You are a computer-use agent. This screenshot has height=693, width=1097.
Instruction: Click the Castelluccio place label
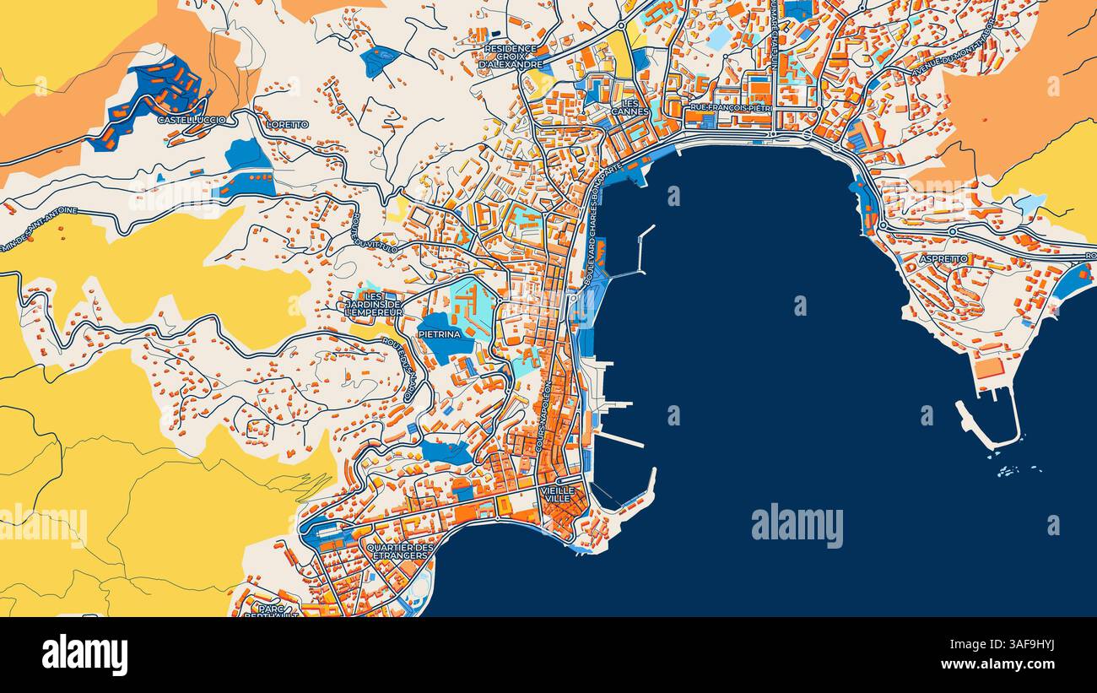(192, 121)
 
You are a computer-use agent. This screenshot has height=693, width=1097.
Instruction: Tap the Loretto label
(288, 124)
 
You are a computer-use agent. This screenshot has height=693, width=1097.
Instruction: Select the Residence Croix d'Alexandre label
(511, 57)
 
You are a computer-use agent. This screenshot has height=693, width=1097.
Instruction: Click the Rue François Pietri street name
(731, 108)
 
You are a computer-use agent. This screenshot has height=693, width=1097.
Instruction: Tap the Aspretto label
(943, 259)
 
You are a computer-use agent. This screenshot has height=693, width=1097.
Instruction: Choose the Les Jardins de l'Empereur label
(372, 304)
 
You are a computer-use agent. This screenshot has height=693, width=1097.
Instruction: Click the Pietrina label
(440, 334)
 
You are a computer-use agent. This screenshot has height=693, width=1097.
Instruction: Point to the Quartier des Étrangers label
(400, 552)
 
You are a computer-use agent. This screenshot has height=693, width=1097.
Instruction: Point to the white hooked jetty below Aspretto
(991, 426)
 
